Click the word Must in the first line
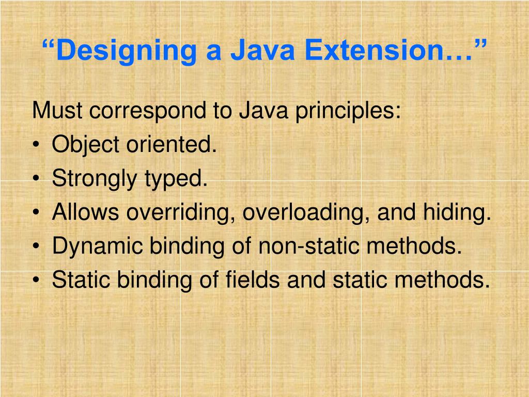click(54, 111)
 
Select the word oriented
click(170, 145)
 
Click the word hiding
click(458, 213)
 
